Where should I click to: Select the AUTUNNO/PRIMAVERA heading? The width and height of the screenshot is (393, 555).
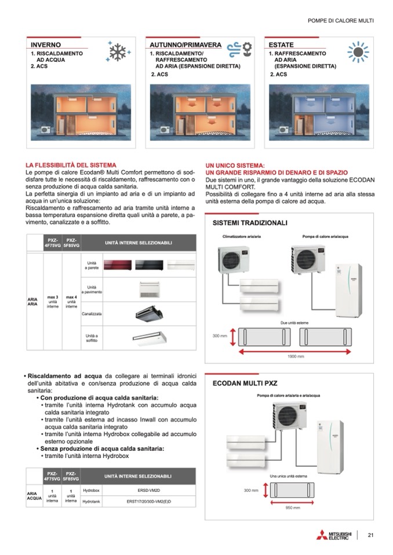click(185, 45)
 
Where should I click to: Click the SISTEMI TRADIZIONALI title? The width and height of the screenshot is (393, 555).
click(250, 222)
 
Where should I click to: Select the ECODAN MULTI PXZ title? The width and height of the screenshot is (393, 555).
click(246, 383)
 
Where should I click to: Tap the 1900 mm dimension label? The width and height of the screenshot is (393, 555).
click(296, 356)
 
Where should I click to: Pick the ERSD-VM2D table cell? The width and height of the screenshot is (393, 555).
click(148, 490)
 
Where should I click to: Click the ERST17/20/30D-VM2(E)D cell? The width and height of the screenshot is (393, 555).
click(148, 501)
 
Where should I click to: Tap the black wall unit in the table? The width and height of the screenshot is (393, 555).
click(150, 266)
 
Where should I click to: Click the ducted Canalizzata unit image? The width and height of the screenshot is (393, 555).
click(150, 313)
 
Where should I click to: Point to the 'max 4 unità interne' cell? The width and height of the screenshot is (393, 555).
click(71, 301)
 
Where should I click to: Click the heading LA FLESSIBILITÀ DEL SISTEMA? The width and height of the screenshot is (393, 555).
click(71, 166)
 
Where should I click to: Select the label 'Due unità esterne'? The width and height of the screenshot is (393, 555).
click(294, 322)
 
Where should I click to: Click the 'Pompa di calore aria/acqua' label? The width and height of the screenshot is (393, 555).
click(325, 237)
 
